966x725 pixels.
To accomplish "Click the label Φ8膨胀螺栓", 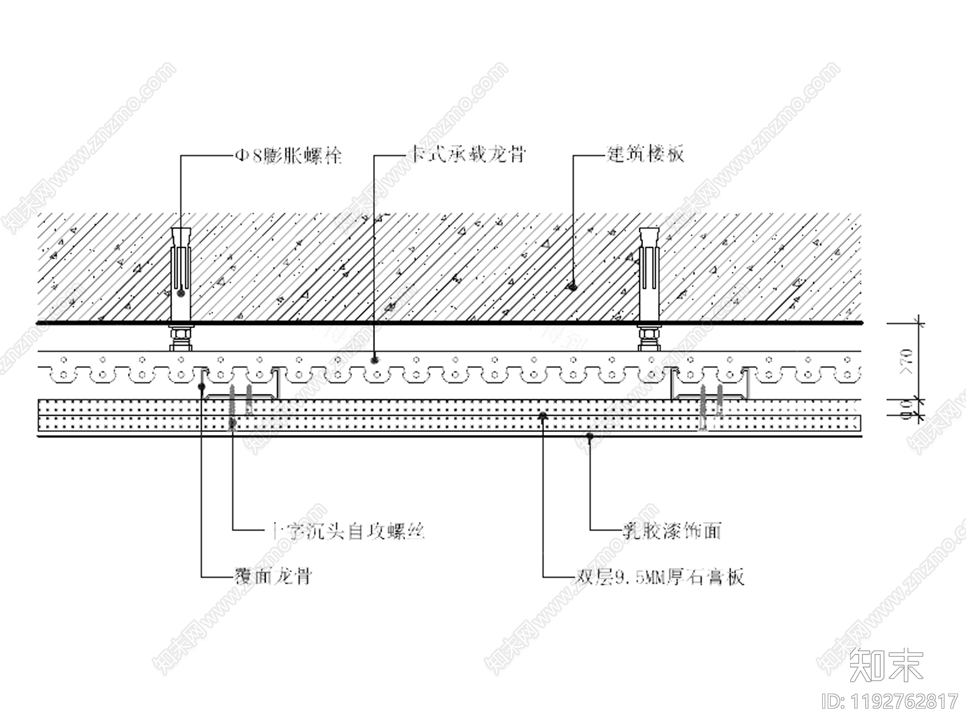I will coord(288,156).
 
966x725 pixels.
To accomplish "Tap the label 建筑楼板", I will coord(645,155).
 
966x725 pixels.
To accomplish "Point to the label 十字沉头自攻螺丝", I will coord(346,531).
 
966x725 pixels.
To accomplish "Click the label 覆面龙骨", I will coord(272,576).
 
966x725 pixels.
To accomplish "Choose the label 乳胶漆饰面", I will coord(672,531).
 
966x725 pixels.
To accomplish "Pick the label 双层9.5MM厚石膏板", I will coord(658,577).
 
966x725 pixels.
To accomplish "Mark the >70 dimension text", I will coord(907,362).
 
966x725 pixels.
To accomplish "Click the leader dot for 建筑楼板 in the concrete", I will coord(571,288).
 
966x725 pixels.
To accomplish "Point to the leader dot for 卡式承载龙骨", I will coord(375,360).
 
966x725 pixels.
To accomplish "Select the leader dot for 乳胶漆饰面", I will coord(590,435).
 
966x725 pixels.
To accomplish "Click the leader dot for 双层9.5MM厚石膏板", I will coord(543,416).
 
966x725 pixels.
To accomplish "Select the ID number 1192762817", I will coord(891,701).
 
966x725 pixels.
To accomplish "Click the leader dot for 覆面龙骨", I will coord(202,385).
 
